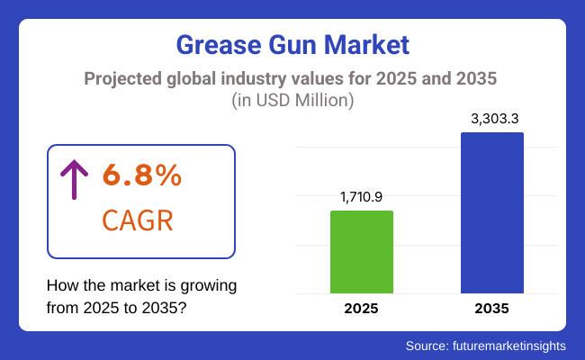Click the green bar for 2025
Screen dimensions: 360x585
[362, 252]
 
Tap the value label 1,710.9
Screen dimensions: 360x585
[362, 196]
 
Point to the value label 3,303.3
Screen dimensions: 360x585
[492, 118]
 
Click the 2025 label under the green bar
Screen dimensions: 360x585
[362, 309]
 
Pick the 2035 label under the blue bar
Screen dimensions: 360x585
[491, 309]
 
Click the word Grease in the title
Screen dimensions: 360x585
[214, 43]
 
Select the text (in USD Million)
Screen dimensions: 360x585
[292, 101]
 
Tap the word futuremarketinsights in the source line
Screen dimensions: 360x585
[508, 345]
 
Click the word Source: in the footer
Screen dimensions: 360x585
[427, 345]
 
